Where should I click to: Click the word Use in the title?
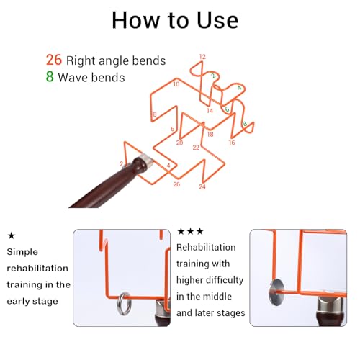click(217, 20)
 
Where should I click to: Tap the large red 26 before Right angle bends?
click(54, 60)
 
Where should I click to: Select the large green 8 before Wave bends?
click(50, 76)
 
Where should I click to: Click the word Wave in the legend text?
click(71, 77)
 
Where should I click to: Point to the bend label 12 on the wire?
click(202, 57)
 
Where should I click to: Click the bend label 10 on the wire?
click(176, 84)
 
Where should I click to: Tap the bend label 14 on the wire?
click(210, 111)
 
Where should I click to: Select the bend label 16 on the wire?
click(232, 143)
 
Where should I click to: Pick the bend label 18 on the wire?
click(210, 134)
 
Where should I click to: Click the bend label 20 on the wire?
click(179, 143)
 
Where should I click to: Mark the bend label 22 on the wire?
click(196, 148)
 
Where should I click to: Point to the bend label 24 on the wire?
click(202, 186)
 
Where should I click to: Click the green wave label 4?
click(239, 88)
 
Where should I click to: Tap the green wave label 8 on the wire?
click(245, 124)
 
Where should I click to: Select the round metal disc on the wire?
click(276, 292)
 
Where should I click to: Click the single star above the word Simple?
click(12, 235)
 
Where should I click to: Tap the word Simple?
click(22, 252)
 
